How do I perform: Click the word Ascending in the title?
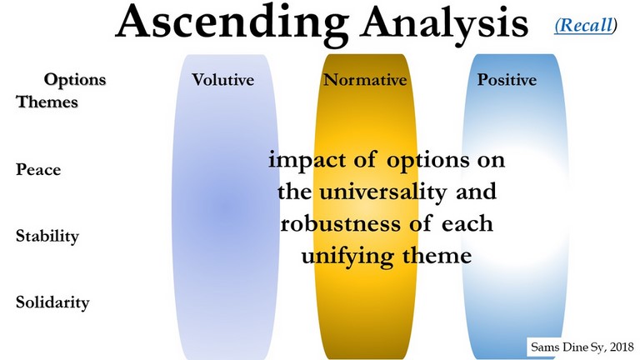pos(232,23)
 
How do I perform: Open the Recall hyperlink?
pos(585,25)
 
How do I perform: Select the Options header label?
pos(75,80)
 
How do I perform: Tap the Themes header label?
pos(47,102)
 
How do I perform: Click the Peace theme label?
pos(38,169)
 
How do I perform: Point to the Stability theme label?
pos(47,237)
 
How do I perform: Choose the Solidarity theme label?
pos(52,302)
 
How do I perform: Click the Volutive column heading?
pos(222,80)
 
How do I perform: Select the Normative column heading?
pos(365,80)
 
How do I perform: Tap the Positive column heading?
pos(507,80)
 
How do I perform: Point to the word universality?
pos(382,192)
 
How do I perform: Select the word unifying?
pos(347,257)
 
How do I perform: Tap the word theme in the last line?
pos(437,256)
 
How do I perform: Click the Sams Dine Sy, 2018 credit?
pos(582,347)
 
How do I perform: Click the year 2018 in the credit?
pos(622,347)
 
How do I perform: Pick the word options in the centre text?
pos(428,161)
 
